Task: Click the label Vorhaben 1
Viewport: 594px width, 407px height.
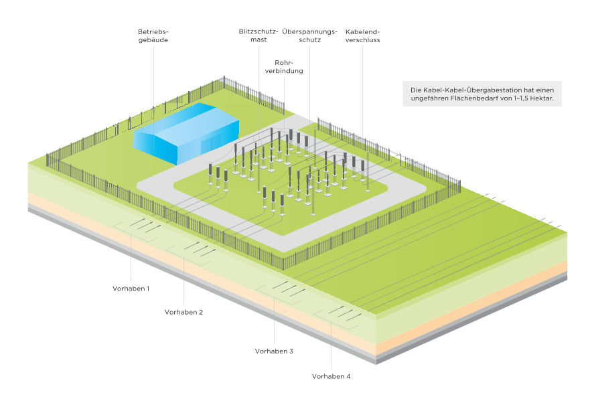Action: click(x=131, y=287)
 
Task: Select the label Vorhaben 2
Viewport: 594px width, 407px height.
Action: click(x=184, y=311)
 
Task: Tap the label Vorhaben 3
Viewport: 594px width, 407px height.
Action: click(x=274, y=350)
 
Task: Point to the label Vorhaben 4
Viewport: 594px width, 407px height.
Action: click(x=331, y=376)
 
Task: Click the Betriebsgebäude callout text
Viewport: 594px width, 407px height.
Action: click(x=153, y=35)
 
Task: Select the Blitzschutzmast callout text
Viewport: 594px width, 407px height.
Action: click(x=255, y=35)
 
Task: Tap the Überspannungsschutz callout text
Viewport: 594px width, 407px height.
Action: click(x=309, y=35)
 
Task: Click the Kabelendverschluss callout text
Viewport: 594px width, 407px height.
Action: click(x=362, y=35)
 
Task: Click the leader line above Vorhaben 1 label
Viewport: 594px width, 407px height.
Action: click(x=131, y=261)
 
